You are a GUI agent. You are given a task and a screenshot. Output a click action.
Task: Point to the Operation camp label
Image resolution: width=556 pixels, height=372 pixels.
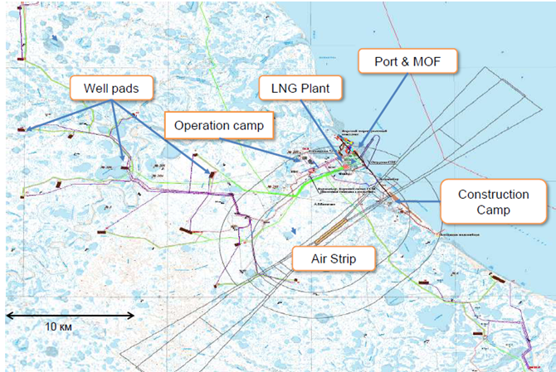[218, 125]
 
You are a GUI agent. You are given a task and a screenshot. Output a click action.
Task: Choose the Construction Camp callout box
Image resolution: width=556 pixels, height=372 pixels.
[493, 202]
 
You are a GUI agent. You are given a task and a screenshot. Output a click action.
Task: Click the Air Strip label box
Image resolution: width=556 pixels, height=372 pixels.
[334, 260]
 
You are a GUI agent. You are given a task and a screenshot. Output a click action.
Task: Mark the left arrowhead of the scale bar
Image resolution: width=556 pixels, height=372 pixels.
[8, 315]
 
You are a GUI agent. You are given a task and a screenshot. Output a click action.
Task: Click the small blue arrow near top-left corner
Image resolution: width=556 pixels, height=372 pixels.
[54, 38]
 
